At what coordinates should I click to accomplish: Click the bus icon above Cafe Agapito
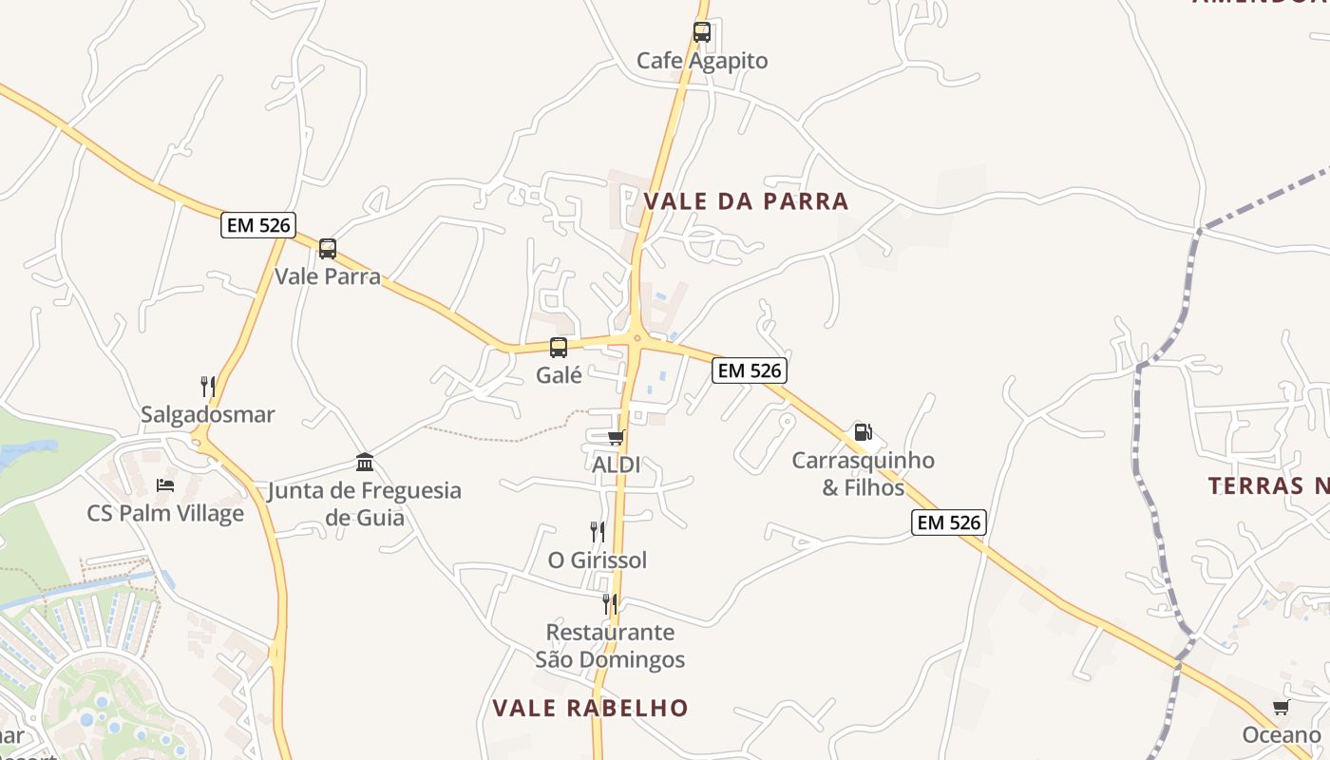coord(702,32)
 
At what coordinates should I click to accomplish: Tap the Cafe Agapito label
coord(702,61)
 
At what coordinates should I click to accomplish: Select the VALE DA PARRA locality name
coord(746,201)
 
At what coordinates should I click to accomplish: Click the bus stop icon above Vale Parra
coord(328,249)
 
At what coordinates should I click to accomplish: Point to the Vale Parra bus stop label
coord(328,276)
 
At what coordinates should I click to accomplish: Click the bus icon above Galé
coord(559,348)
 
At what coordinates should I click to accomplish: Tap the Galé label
coord(559,375)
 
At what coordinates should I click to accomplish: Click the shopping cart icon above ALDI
coord(616,437)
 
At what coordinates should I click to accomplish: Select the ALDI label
coord(616,465)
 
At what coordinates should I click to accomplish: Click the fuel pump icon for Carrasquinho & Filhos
coord(863,432)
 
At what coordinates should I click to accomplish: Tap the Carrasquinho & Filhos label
coord(863,474)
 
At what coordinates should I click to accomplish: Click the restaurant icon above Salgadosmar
coord(208,387)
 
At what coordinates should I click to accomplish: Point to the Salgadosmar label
coord(208,414)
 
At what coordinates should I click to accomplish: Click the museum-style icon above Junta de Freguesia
coord(365,463)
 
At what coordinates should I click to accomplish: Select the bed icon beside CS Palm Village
coord(165,485)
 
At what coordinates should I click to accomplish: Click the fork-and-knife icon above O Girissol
coord(597,532)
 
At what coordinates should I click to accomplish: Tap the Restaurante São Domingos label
coord(610,646)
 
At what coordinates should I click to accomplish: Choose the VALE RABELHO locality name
coord(590,708)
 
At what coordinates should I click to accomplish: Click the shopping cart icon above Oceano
coord(1282,707)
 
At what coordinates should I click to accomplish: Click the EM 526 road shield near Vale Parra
coord(258,225)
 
